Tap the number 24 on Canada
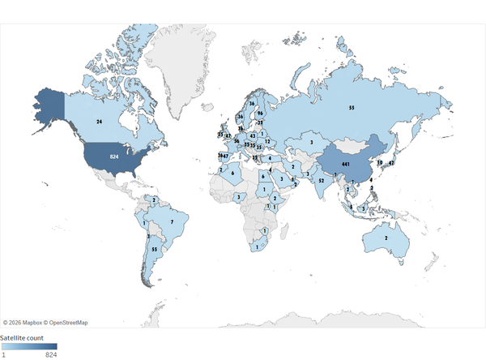pos(97,122)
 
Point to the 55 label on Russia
pos(352,108)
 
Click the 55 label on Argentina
pos(154,251)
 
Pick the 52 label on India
pos(322,181)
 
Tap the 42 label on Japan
pos(391,164)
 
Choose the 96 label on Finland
pos(259,114)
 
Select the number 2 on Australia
pos(386,238)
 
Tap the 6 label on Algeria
pos(232,172)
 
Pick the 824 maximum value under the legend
pos(51,354)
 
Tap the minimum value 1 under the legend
pos(4,354)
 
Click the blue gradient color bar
pos(29,346)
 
